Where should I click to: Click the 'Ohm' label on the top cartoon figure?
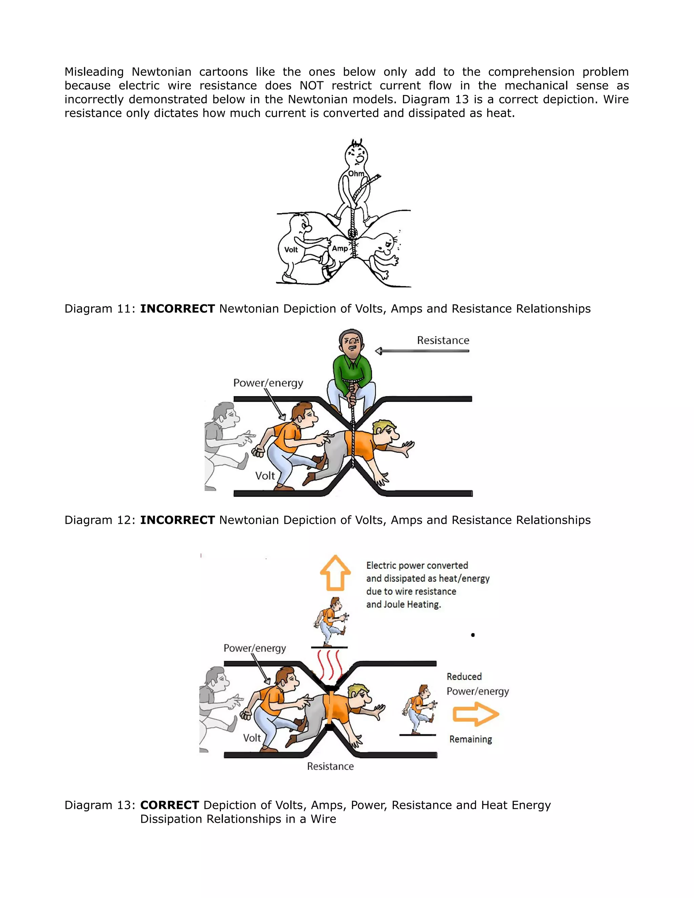coord(356,174)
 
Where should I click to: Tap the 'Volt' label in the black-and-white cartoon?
coord(291,250)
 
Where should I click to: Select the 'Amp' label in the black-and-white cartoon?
coord(340,248)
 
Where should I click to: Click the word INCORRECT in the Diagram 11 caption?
coord(177,309)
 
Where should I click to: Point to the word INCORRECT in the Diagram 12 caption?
coord(177,520)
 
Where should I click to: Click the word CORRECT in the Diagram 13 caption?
coord(169,805)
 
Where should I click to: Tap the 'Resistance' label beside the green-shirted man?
coord(443,341)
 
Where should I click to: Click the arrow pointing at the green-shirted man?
coord(422,351)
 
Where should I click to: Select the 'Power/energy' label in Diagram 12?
coord(268,383)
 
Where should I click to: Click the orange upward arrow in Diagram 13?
coord(335,572)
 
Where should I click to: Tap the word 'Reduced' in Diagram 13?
coord(464,677)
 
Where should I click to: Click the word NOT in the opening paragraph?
coord(311,85)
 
